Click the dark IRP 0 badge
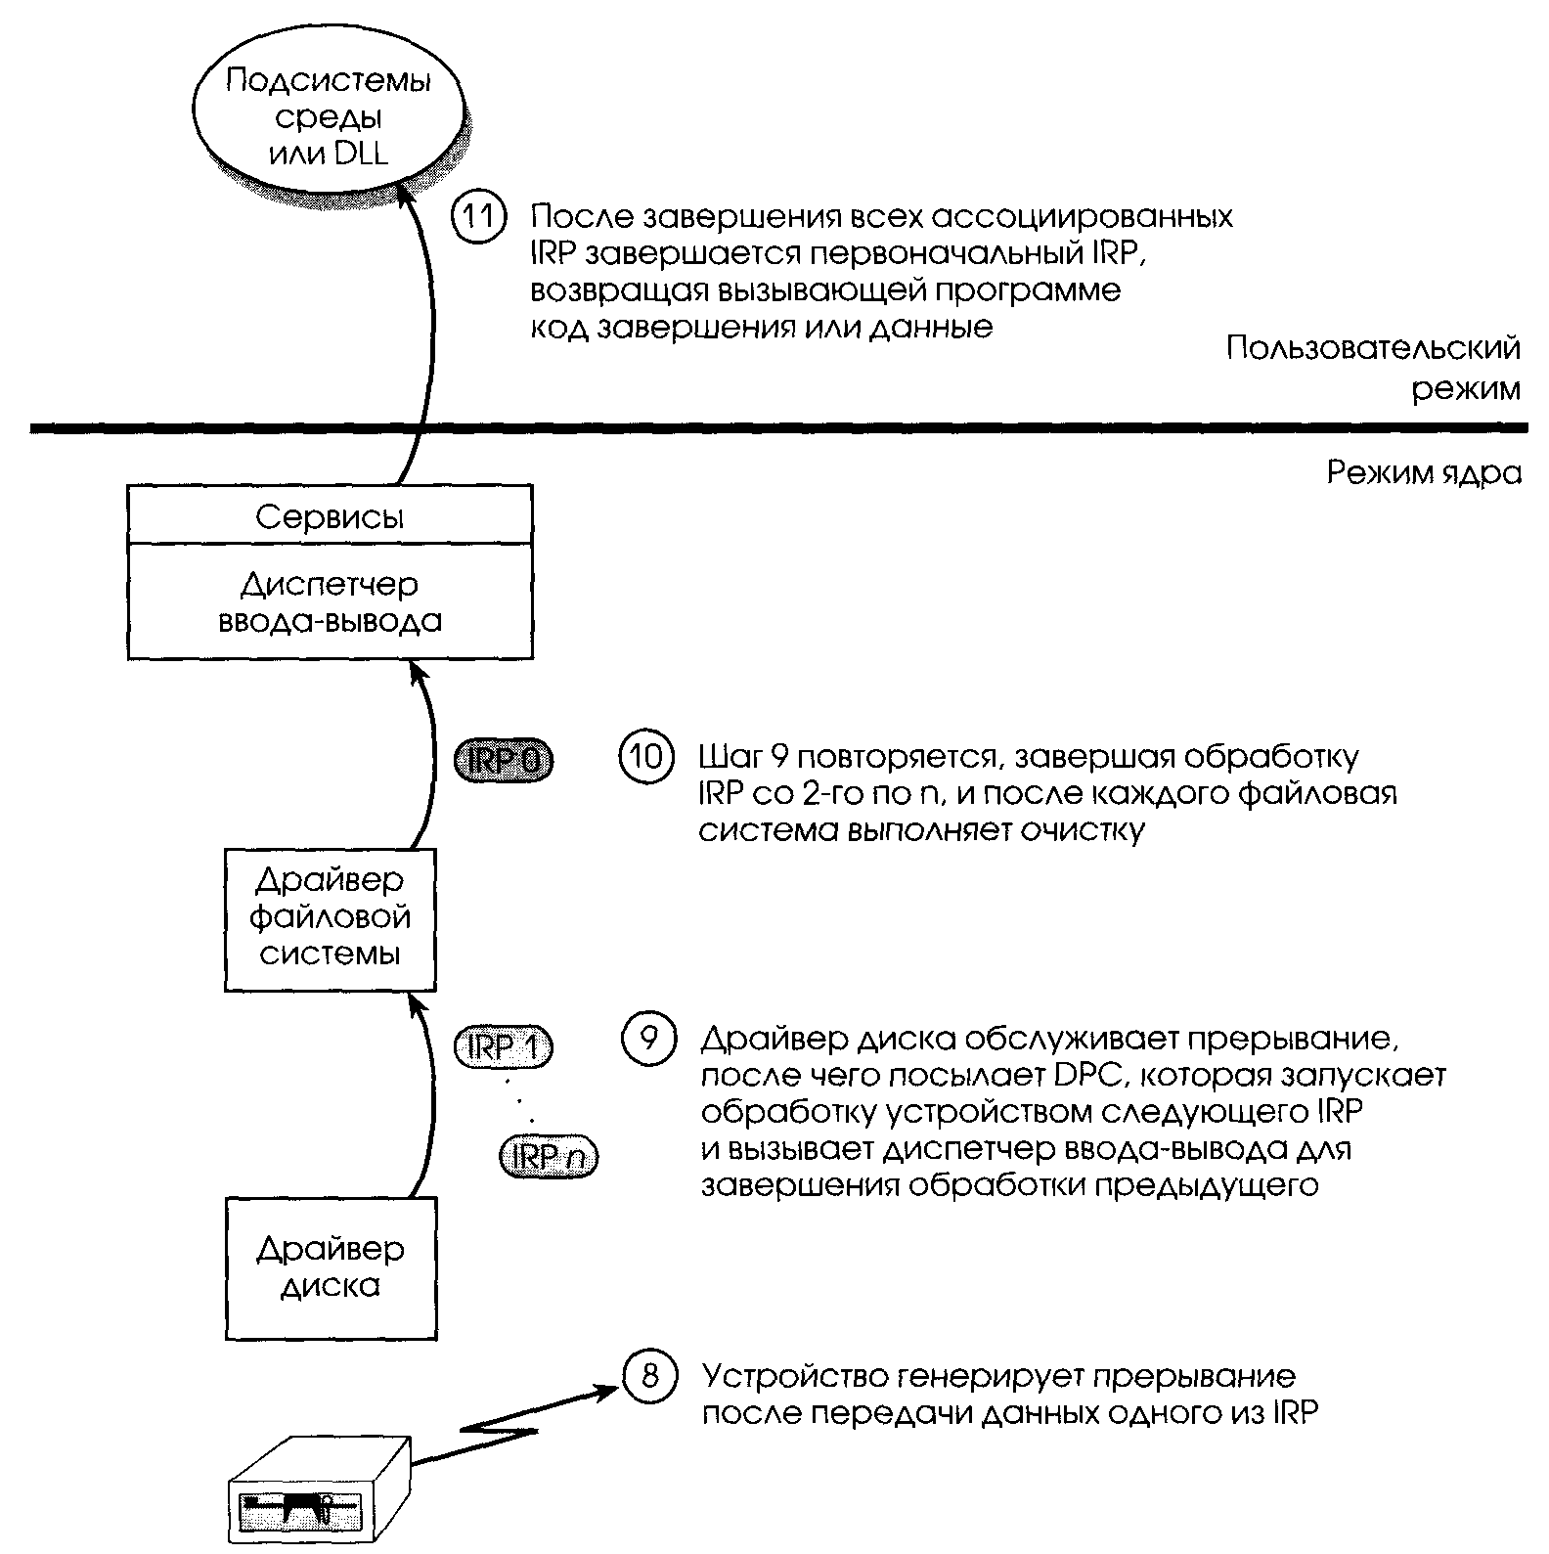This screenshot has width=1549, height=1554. pyautogui.click(x=504, y=760)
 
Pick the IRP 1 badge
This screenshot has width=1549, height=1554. pyautogui.click(x=504, y=1047)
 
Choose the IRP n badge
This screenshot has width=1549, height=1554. pyautogui.click(x=548, y=1157)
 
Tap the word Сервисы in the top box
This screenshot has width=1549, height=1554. pyautogui.click(x=330, y=516)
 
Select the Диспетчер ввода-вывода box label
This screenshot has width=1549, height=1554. pyautogui.click(x=330, y=602)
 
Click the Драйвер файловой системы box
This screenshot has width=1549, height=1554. pyautogui.click(x=331, y=919)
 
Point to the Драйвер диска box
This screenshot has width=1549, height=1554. pyautogui.click(x=331, y=1267)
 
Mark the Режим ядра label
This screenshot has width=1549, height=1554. pyautogui.click(x=1424, y=474)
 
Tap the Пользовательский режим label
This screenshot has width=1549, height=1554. pyautogui.click(x=1374, y=369)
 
